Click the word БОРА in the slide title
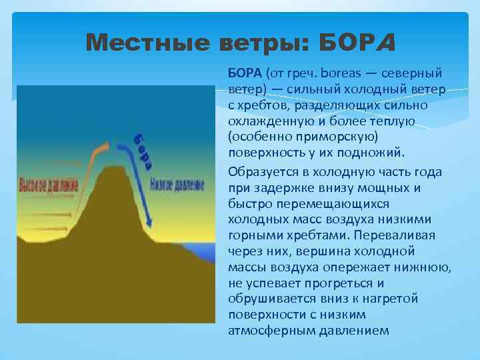click(x=358, y=44)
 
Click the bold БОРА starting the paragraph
click(x=245, y=72)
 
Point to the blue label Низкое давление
click(x=176, y=185)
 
